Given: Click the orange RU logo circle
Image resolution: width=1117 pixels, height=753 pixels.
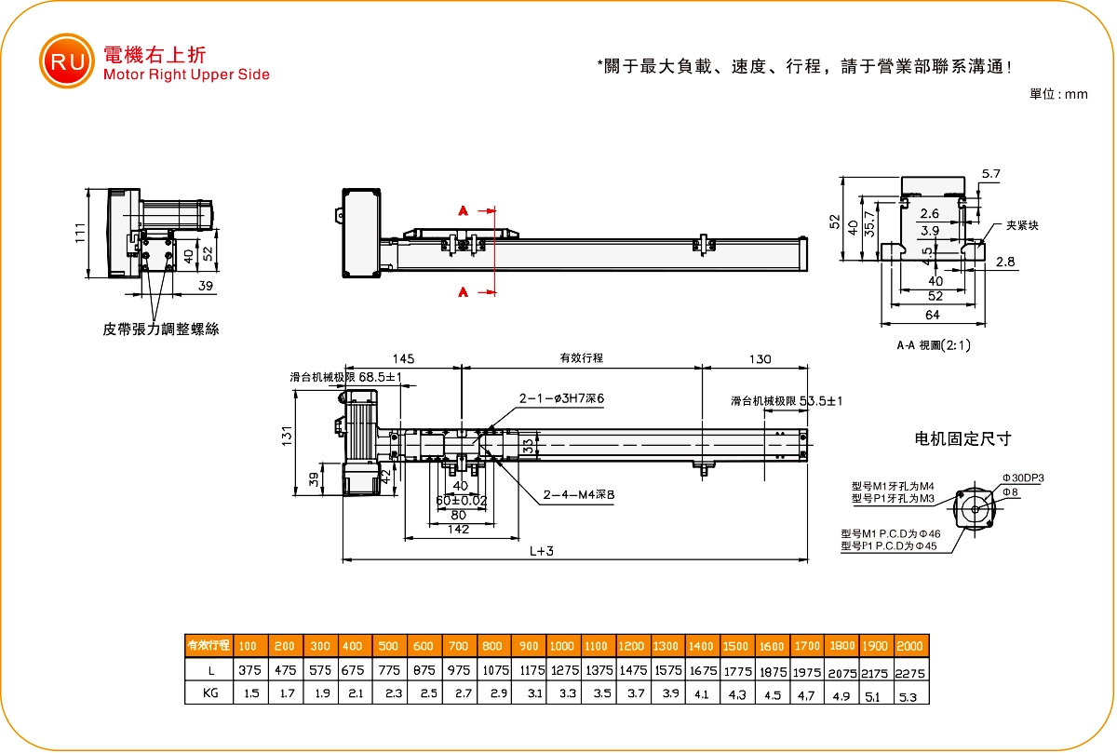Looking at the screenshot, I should click(x=66, y=61).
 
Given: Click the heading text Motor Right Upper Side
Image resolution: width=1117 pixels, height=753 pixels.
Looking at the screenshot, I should click(x=187, y=75).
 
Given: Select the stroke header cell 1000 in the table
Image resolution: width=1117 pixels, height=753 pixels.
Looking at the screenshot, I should click(x=561, y=646).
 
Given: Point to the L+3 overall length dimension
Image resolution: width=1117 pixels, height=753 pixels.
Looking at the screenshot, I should click(x=542, y=551).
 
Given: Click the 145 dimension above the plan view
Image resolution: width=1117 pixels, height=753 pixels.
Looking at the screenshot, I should click(x=403, y=358).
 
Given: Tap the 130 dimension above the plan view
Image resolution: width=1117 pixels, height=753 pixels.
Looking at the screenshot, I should click(x=760, y=358).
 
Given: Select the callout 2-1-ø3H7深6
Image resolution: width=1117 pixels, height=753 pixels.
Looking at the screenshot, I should click(x=562, y=398).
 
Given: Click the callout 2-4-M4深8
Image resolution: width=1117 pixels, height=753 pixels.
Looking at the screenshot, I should click(x=578, y=495).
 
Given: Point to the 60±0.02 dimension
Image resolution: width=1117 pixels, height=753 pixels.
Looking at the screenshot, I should click(x=461, y=500).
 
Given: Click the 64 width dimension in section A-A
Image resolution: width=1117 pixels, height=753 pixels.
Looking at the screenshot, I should click(x=933, y=316).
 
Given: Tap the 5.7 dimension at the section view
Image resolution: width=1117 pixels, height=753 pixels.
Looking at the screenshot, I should click(x=990, y=174).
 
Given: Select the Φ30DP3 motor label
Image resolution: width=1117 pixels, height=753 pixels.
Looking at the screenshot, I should click(x=1023, y=477).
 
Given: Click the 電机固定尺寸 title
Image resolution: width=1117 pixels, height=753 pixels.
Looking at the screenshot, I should click(x=963, y=438).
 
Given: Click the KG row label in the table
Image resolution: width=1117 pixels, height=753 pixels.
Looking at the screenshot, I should click(x=209, y=694).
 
